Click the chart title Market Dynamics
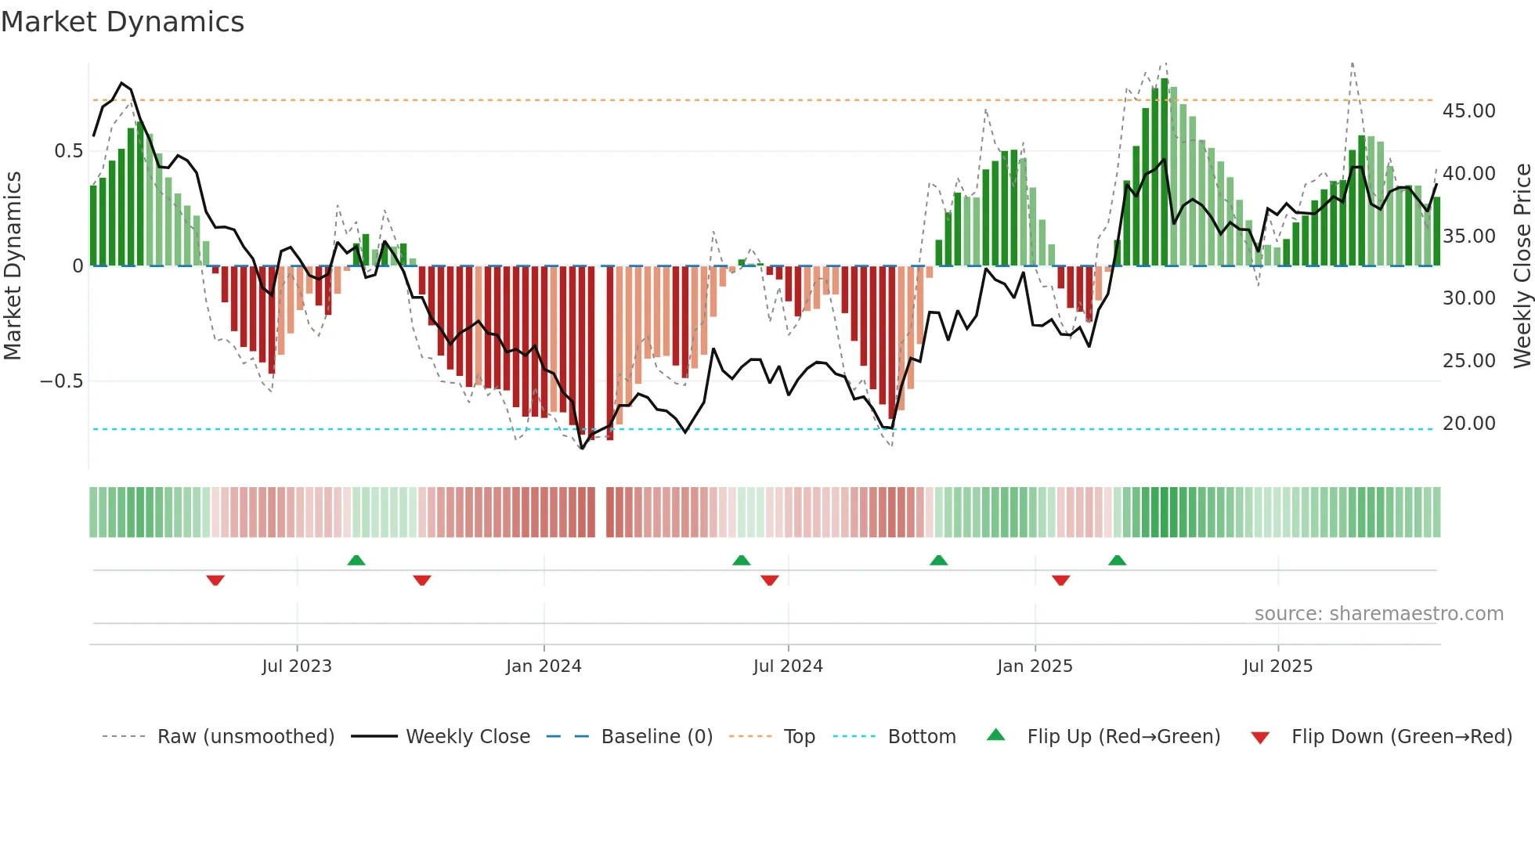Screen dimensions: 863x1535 point(122,22)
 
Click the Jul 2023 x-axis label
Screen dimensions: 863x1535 point(297,666)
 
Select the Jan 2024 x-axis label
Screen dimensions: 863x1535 point(544,666)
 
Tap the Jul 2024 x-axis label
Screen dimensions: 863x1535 point(788,666)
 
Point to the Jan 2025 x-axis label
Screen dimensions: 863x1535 point(1035,666)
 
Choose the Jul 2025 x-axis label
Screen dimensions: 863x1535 point(1277,666)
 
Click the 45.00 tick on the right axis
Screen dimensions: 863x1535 point(1469,111)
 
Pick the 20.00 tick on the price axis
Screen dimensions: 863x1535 point(1469,424)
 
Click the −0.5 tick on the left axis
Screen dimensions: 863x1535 point(61,381)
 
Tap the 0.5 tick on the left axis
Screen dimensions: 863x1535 point(68,151)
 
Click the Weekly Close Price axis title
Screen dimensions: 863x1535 point(1522,266)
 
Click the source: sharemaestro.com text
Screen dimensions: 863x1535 point(1378,614)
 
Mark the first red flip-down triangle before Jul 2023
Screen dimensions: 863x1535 point(215,580)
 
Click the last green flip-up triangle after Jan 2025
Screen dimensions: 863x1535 point(1117,560)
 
